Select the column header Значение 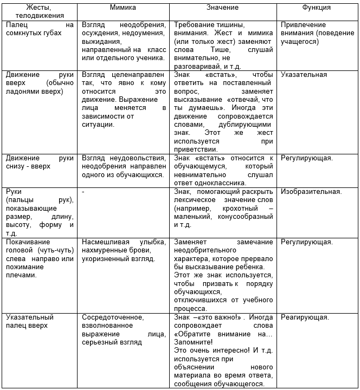(x=222, y=8)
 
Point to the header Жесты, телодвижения (x=39, y=12)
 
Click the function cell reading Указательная (x=304, y=74)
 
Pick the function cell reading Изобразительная (x=311, y=191)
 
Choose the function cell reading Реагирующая (x=305, y=317)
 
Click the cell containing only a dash (x=83, y=191)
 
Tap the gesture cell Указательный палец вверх (x=30, y=321)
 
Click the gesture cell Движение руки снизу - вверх (x=39, y=162)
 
